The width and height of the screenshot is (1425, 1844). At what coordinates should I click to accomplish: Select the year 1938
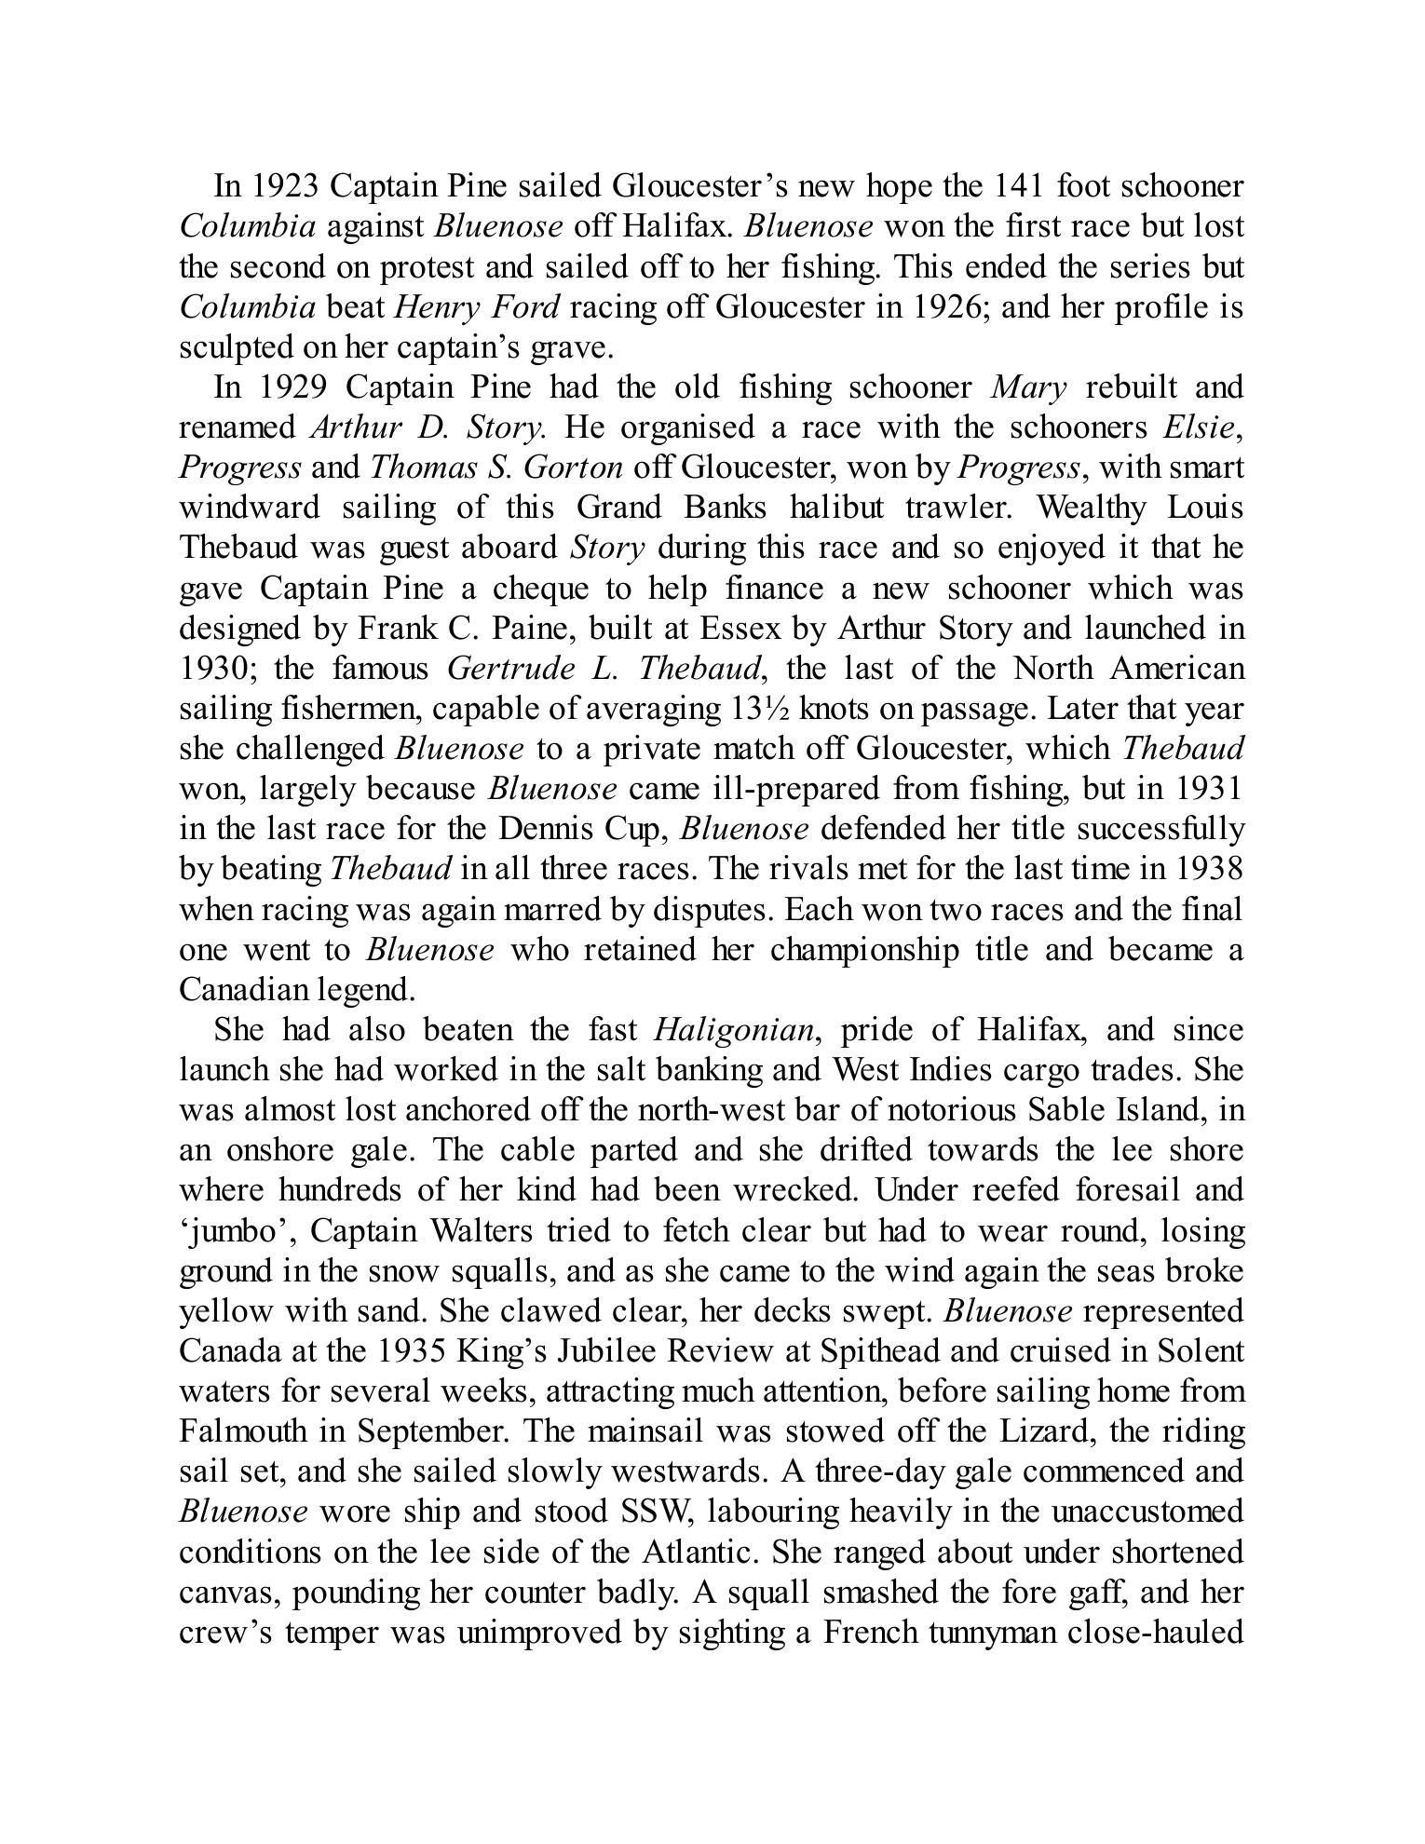tap(1209, 868)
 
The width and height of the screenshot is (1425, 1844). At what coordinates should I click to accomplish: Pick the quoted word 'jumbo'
tap(237, 1230)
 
